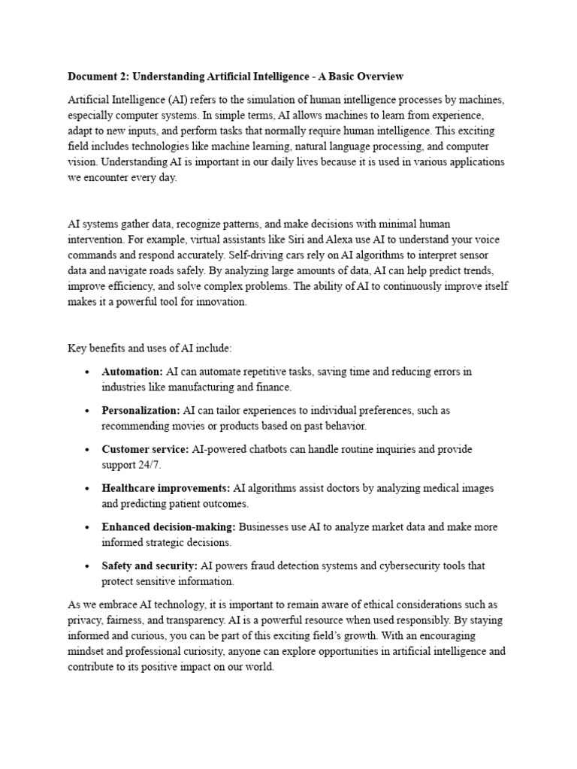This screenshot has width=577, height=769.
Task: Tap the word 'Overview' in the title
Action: pyautogui.click(x=379, y=77)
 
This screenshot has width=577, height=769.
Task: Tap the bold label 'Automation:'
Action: pyautogui.click(x=132, y=372)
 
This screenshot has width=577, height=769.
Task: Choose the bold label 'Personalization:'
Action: pyautogui.click(x=140, y=411)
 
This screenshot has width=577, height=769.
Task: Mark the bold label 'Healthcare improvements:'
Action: pyautogui.click(x=166, y=488)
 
